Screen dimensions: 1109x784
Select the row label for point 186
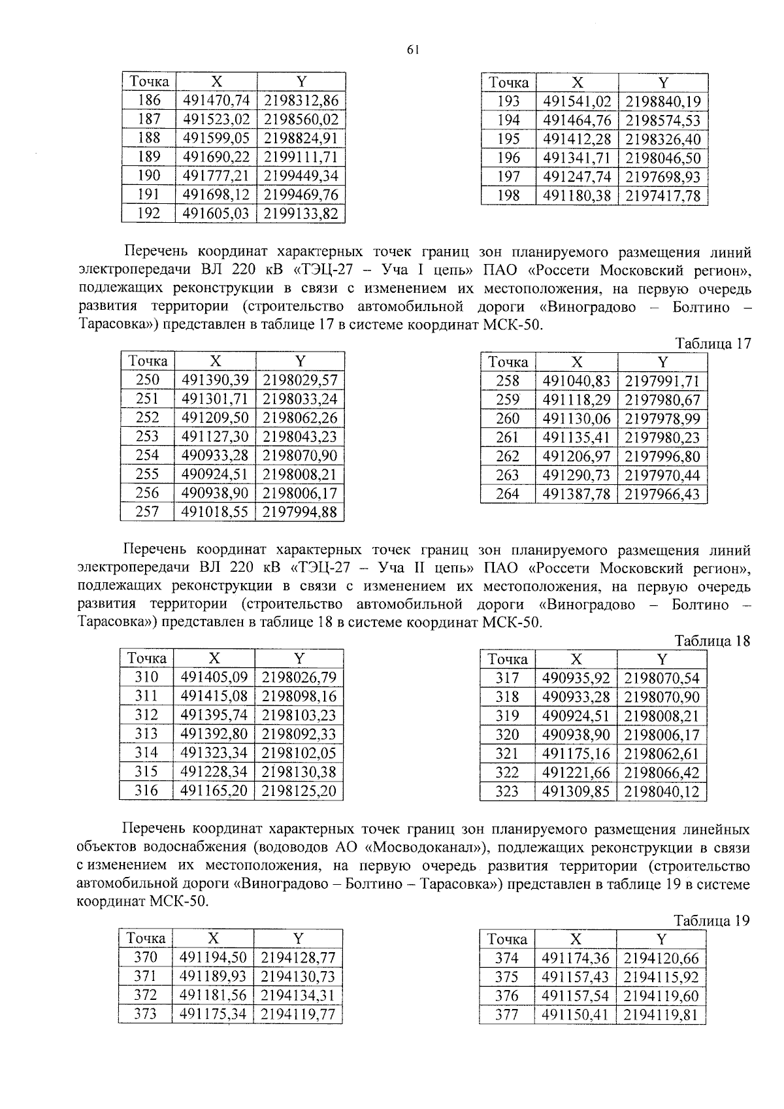(x=150, y=101)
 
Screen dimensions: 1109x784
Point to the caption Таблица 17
(x=713, y=344)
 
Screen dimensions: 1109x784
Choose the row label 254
(x=147, y=455)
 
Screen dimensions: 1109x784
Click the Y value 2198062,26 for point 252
(x=300, y=418)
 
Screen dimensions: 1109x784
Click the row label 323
(x=507, y=792)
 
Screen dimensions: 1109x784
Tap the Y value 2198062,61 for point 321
(x=662, y=754)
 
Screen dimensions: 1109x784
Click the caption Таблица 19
(x=711, y=921)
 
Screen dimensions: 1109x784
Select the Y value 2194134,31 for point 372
(x=298, y=995)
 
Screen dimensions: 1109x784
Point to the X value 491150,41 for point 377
(x=575, y=1015)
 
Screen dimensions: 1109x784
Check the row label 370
(x=145, y=957)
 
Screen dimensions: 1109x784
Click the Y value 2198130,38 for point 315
(x=299, y=772)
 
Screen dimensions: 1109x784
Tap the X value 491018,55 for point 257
(x=215, y=512)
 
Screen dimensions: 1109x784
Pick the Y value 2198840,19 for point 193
(x=662, y=101)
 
